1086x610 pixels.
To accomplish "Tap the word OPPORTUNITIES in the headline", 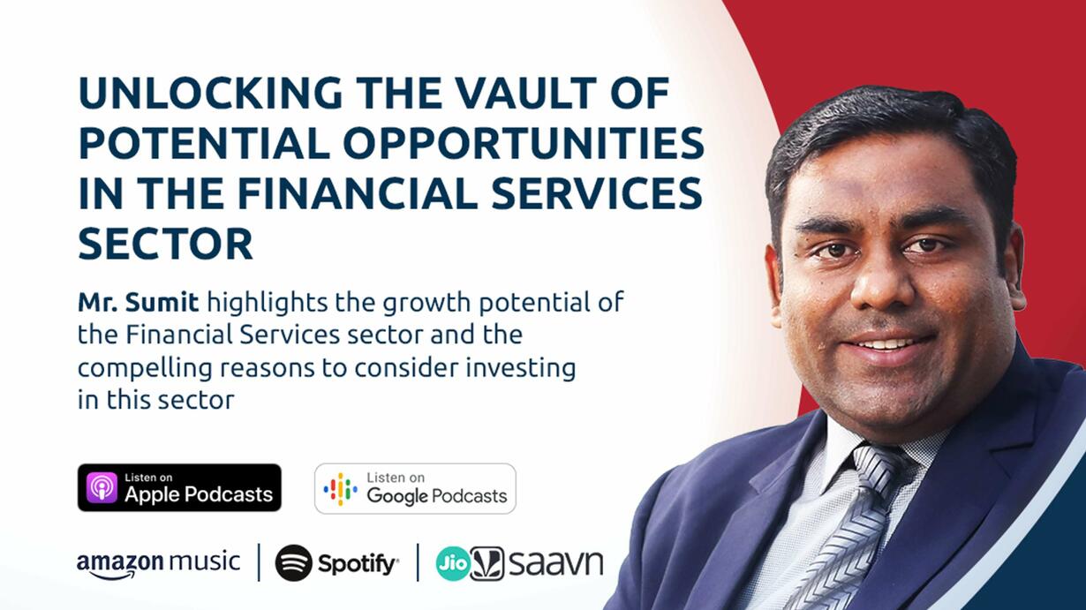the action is point(524,143).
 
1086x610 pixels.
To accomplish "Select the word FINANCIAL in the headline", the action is point(358,193).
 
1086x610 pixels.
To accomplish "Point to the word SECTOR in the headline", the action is point(166,244).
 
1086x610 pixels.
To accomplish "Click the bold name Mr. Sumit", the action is point(138,302).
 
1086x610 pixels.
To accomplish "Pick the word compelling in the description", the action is point(145,368).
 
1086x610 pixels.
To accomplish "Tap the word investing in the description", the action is point(521,368).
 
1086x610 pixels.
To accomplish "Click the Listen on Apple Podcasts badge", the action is point(179,488).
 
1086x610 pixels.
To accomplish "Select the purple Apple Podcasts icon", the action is point(102,488).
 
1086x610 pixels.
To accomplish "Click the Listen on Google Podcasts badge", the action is point(415,489).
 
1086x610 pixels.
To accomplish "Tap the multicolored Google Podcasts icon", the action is point(340,489).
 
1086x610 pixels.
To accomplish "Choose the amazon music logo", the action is point(159,564).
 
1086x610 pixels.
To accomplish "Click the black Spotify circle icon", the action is point(294,563).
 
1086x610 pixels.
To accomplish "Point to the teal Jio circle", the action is point(453,563).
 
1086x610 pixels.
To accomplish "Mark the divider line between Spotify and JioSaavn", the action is point(418,562).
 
